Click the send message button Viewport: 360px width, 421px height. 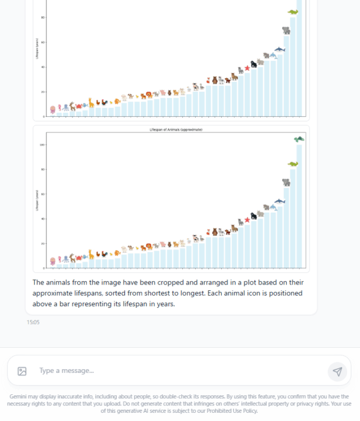coord(337,371)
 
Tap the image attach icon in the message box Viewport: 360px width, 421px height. coord(22,371)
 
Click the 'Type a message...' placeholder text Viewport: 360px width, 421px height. coord(66,370)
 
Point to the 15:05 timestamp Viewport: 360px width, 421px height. coord(33,322)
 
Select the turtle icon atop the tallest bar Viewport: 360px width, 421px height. coord(299,139)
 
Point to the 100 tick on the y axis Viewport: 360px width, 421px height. coord(42,145)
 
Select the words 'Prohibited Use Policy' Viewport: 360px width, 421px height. coord(230,411)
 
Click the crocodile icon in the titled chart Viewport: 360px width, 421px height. coord(293,164)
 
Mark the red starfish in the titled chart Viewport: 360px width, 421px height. coord(247,220)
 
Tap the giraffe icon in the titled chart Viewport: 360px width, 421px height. coord(91,254)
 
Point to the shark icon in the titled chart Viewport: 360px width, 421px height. coord(280,201)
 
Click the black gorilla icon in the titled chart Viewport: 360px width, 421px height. coord(254,215)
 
